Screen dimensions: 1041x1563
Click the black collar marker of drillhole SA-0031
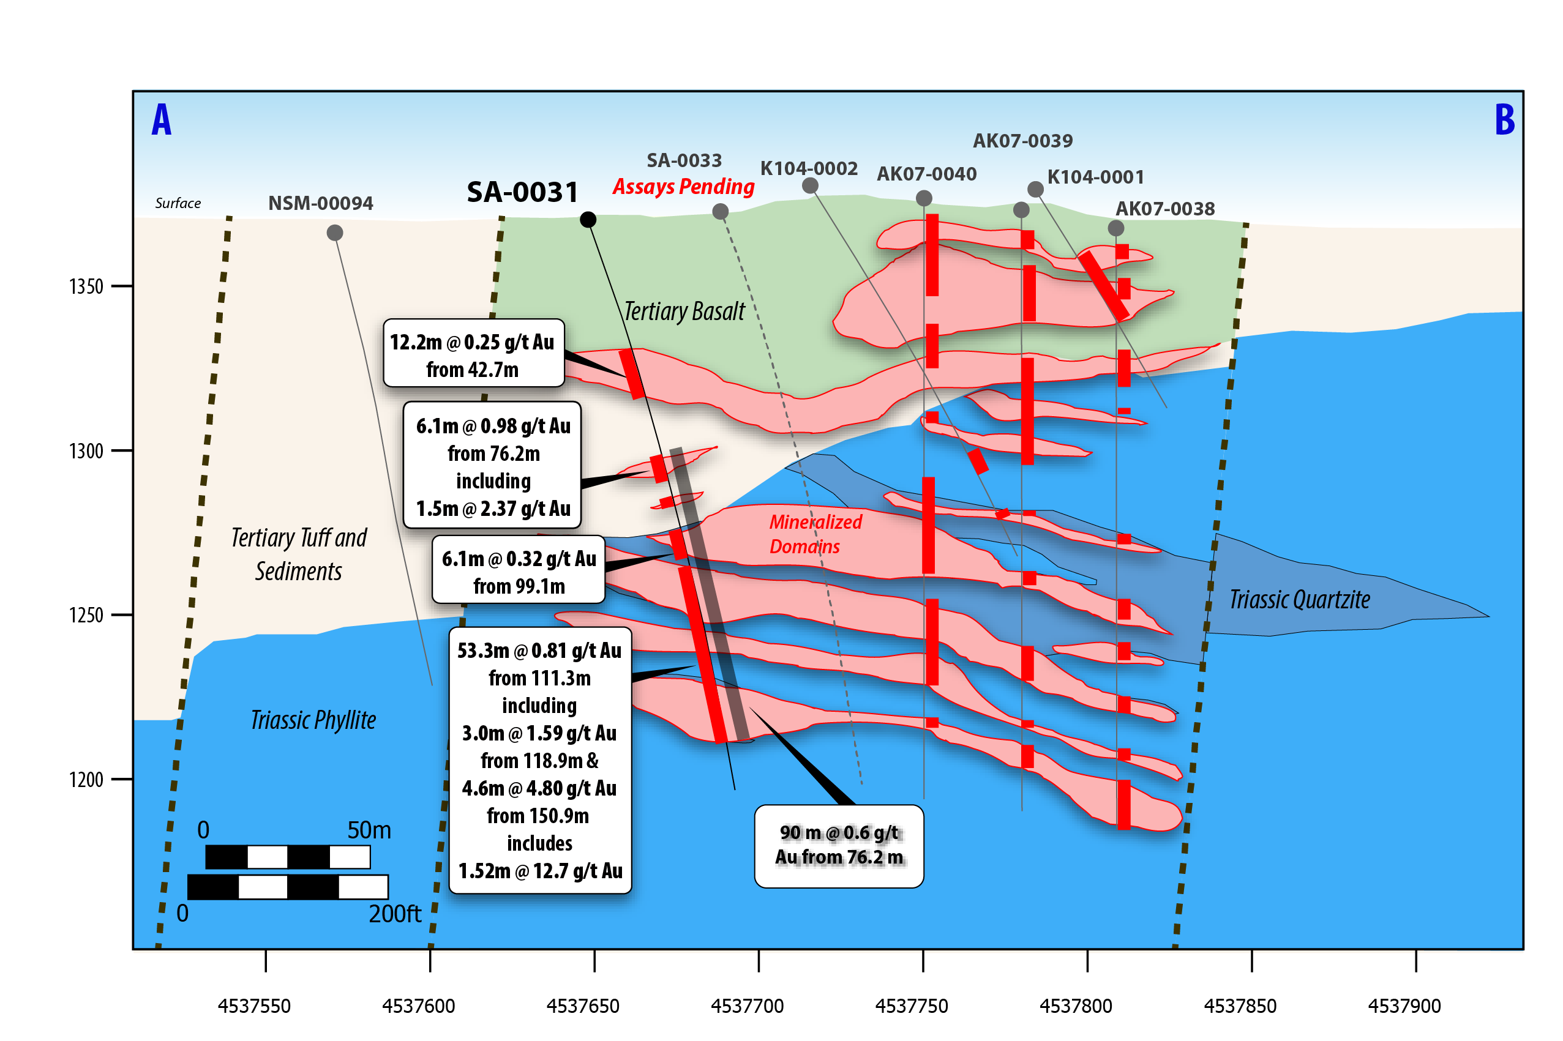(588, 220)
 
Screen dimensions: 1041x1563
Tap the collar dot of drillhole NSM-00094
(335, 233)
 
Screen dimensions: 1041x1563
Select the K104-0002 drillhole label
(808, 169)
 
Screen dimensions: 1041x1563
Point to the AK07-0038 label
(1164, 209)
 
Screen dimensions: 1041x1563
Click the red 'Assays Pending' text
(683, 187)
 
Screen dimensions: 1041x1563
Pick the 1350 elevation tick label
(86, 287)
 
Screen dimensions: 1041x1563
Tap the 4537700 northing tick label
(747, 1006)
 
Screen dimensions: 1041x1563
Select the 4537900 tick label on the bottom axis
(1404, 1006)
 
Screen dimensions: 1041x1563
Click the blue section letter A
(162, 120)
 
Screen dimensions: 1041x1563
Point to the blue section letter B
(1505, 120)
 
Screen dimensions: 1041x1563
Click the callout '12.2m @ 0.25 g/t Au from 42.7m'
(473, 354)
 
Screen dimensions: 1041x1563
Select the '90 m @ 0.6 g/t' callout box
(839, 846)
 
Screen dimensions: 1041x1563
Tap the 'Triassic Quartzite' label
(1299, 600)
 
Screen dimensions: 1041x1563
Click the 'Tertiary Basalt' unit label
(684, 312)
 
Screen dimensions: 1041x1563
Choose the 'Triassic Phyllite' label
(313, 720)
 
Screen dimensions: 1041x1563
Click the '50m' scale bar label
(369, 830)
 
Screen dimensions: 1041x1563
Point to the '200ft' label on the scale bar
(394, 914)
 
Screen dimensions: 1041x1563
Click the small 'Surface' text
(178, 203)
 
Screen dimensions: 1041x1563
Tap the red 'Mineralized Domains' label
(815, 534)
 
